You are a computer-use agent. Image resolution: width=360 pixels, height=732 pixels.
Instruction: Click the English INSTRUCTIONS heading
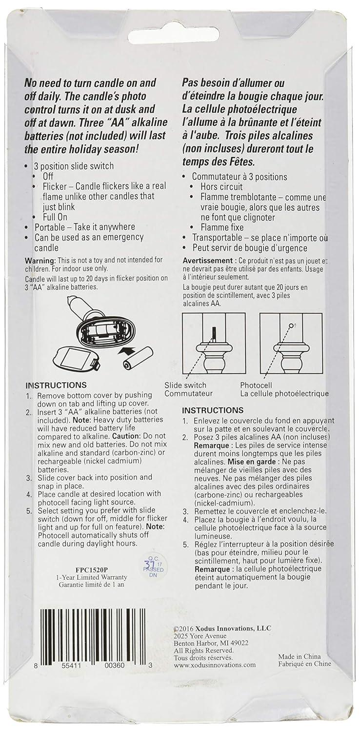(56, 385)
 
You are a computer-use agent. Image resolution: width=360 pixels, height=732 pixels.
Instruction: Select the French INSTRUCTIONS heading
(212, 410)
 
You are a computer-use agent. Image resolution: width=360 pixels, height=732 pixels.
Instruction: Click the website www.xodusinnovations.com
(215, 665)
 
